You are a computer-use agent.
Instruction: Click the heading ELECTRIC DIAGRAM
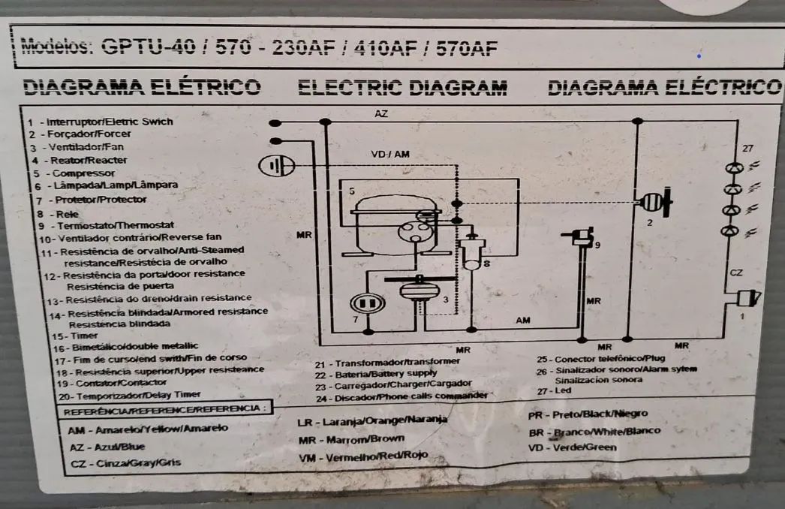[x=402, y=87]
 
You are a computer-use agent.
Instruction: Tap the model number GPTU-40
[x=143, y=48]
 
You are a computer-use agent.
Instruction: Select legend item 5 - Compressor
[x=72, y=173]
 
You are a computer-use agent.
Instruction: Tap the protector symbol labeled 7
[x=367, y=304]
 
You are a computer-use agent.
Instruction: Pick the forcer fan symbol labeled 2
[x=654, y=202]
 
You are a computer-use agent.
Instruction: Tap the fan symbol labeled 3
[x=415, y=290]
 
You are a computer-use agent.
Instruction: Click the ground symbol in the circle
[x=275, y=165]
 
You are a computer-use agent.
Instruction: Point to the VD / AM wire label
[x=390, y=154]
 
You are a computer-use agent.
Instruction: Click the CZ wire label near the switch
[x=735, y=273]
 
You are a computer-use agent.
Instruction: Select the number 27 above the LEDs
[x=747, y=148]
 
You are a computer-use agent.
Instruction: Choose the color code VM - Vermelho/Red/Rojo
[x=363, y=456]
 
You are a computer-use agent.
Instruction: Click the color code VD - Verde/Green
[x=573, y=447]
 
